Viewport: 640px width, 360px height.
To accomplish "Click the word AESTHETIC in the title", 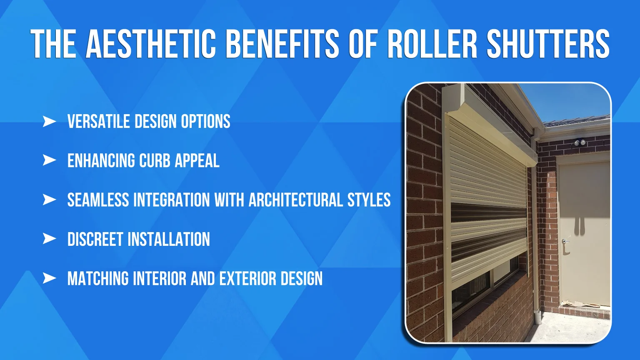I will point(151,43).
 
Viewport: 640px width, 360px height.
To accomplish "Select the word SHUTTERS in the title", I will point(548,43).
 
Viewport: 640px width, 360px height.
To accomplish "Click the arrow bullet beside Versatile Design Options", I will point(49,122).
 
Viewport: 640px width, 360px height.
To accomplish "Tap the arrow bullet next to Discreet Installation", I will point(49,239).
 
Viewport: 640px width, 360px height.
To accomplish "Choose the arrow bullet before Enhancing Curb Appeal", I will point(49,160).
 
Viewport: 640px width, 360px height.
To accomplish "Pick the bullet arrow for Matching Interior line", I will point(49,278).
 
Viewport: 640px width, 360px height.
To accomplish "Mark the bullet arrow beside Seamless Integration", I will point(49,200).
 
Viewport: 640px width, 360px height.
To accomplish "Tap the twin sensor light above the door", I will point(580,143).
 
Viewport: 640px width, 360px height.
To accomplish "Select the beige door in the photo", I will point(583,229).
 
